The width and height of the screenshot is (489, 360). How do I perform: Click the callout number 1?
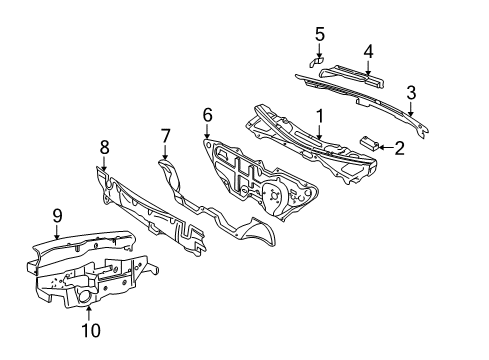point(320,116)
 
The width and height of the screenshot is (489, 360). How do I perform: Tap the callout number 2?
point(399,148)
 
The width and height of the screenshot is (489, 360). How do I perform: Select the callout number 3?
point(411,92)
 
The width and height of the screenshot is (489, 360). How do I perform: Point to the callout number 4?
point(368,52)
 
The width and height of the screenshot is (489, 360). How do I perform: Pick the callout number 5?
point(320,34)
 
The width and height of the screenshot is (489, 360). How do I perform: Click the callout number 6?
point(207,115)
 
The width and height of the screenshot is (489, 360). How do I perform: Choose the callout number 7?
point(165,136)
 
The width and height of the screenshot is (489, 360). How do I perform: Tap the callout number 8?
point(105,147)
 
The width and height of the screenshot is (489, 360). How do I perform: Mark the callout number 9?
point(57,216)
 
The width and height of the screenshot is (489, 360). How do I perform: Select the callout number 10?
point(91,331)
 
